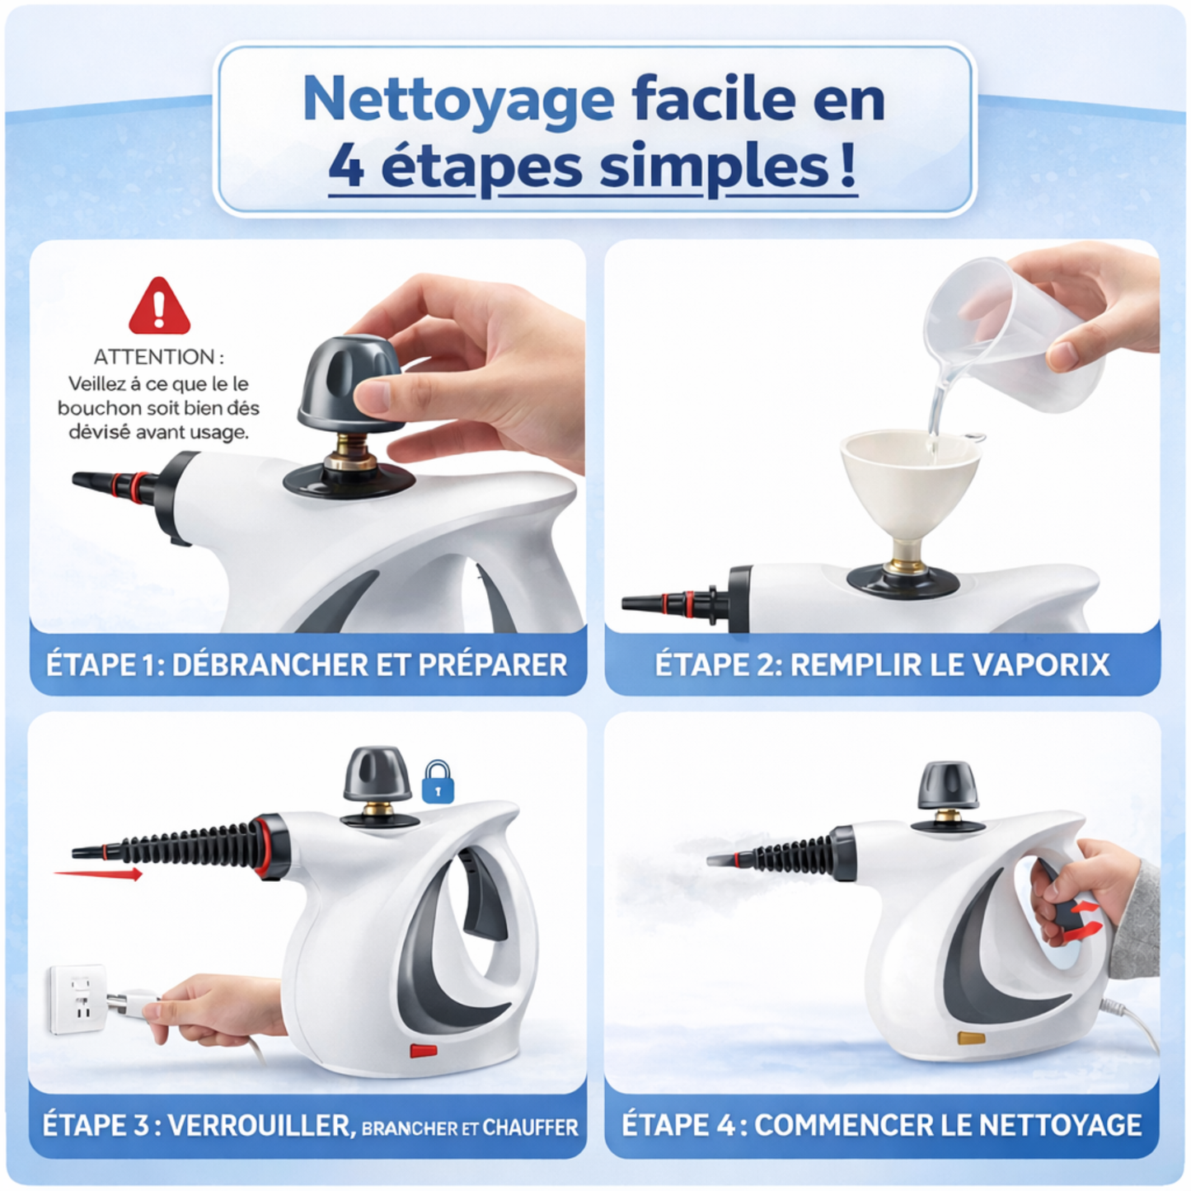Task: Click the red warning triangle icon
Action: coord(159,307)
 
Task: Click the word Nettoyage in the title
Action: coord(457,99)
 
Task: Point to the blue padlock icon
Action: coord(438,782)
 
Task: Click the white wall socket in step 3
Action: coord(77,999)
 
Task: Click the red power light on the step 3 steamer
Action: coord(424,1051)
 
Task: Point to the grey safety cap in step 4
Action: coord(948,785)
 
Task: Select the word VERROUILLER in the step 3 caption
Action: coord(260,1125)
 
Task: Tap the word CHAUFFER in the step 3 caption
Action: coord(530,1128)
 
